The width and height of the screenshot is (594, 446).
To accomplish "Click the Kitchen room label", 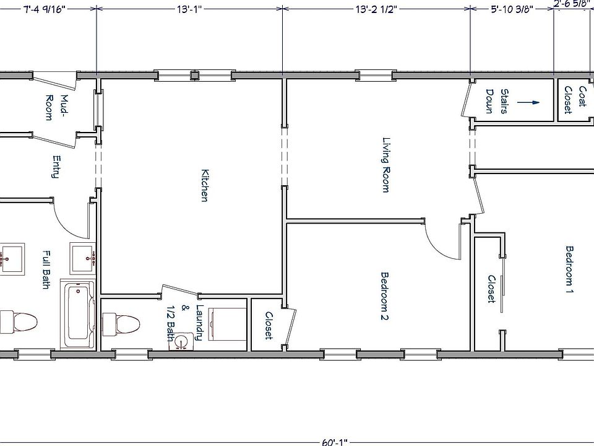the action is [205, 185].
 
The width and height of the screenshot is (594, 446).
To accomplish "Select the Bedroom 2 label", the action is [384, 296].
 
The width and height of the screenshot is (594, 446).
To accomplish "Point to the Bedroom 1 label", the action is [569, 269].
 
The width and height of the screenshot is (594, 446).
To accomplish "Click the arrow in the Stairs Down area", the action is [528, 102].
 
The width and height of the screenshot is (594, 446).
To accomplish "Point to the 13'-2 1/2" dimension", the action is [377, 9].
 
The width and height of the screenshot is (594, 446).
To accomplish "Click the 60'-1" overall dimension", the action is [335, 442].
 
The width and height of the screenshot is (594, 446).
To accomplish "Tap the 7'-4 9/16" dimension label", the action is [45, 9].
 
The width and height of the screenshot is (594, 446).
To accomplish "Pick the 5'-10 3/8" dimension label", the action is [512, 9].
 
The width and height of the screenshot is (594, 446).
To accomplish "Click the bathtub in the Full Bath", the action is [79, 315].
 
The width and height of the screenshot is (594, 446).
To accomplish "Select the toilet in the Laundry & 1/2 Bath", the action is [121, 325].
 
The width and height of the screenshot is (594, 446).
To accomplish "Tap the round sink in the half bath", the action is [181, 341].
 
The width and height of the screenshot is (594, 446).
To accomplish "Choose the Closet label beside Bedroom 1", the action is [492, 289].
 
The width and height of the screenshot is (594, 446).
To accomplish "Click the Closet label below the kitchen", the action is [269, 325].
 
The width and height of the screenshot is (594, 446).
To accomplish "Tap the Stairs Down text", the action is [497, 101].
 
